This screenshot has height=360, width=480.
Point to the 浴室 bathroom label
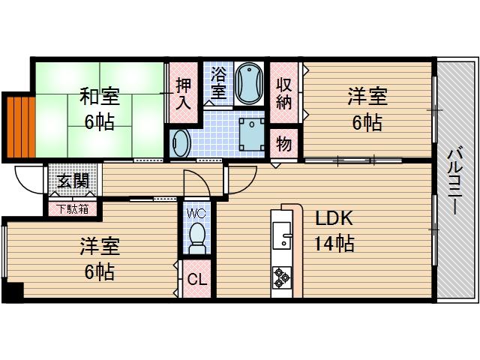218,83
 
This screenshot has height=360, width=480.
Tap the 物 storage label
284,142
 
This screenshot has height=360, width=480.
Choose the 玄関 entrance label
73,181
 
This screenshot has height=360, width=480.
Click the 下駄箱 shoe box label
73,208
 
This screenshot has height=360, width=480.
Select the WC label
196,213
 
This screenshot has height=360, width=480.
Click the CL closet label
197,280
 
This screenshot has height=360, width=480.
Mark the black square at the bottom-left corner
13,292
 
